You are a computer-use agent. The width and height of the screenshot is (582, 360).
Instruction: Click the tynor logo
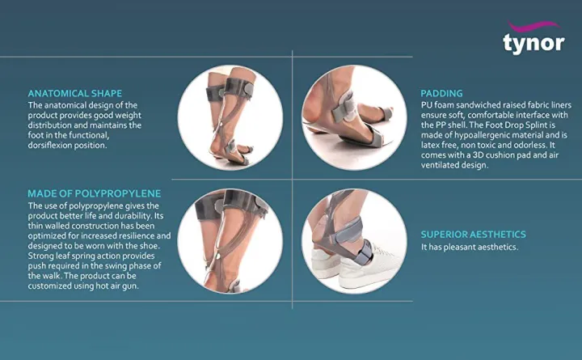533,41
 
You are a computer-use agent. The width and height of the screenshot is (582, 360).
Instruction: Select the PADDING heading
441,93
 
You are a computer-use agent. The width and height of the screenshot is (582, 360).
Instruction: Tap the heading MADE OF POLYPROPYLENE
94,193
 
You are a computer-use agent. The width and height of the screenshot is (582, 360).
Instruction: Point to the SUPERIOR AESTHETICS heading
473,235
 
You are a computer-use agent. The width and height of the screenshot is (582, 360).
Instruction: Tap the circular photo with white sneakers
353,241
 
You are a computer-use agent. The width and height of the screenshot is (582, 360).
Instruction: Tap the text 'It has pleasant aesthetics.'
470,247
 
